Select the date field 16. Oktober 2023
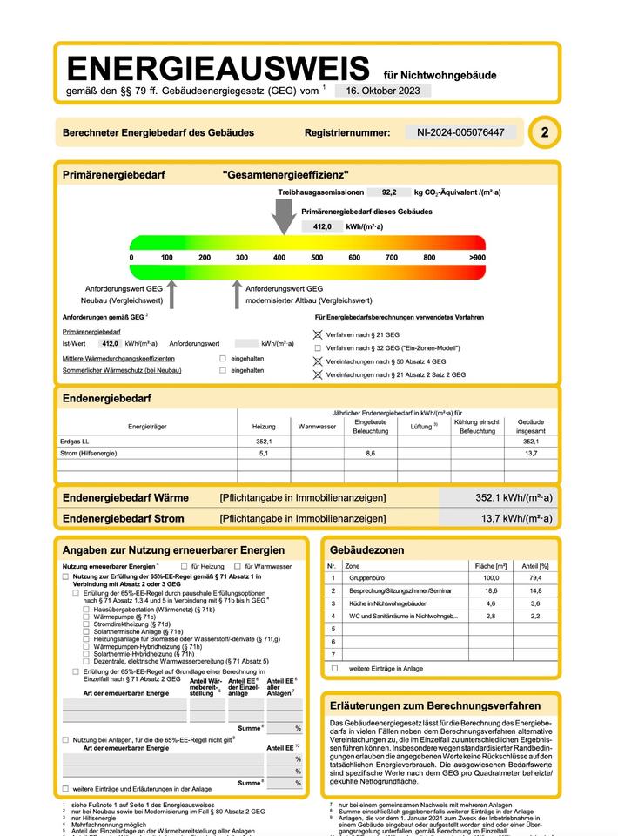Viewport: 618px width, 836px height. (x=382, y=90)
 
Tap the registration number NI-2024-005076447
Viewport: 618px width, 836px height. (x=460, y=132)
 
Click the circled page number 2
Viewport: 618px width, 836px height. (x=545, y=132)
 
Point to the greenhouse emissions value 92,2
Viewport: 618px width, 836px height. (x=389, y=192)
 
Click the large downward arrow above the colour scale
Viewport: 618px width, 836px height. (x=283, y=214)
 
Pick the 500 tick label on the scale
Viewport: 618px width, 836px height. (x=317, y=258)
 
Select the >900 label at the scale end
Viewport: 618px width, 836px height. (x=476, y=258)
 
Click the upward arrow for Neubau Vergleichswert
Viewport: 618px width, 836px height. (x=171, y=293)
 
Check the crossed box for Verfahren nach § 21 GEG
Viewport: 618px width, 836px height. (x=318, y=334)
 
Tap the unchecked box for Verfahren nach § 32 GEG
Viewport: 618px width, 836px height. (x=318, y=347)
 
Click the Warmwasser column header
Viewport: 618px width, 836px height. (x=317, y=427)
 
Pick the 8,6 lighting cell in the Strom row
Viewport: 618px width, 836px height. (x=371, y=454)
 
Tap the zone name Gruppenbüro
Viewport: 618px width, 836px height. (x=367, y=577)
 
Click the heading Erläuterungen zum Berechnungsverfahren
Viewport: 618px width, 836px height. (x=435, y=705)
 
